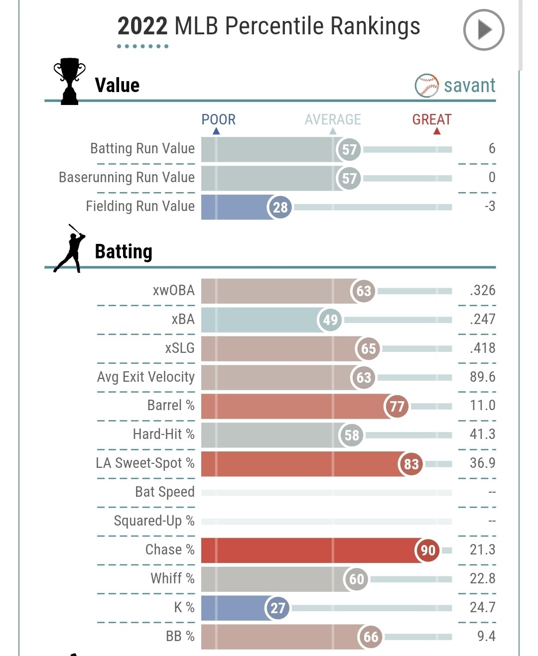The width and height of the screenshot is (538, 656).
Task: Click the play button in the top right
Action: tap(483, 30)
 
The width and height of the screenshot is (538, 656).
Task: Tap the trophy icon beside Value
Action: tap(69, 81)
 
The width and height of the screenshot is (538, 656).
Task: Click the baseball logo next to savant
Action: tap(426, 86)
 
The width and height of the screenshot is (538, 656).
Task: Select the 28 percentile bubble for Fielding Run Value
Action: tap(280, 207)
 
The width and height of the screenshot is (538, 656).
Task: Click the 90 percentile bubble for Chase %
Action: tap(427, 550)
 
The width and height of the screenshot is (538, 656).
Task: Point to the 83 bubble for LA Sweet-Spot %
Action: tap(411, 464)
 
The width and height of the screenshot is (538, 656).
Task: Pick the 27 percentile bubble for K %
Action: tap(277, 608)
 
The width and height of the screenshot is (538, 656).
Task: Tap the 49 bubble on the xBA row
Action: tap(330, 320)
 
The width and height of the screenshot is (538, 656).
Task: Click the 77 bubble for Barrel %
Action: tap(397, 406)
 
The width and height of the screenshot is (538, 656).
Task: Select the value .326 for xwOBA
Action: tap(482, 290)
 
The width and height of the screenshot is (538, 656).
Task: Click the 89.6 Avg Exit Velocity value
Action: tap(482, 377)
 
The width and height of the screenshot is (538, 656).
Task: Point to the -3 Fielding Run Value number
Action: tap(490, 206)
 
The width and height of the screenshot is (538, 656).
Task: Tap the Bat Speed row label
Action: tap(164, 492)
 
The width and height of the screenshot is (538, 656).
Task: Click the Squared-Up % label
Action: tap(154, 521)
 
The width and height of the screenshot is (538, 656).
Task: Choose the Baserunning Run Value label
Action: tap(127, 177)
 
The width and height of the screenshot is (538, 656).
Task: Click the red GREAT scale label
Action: tap(431, 119)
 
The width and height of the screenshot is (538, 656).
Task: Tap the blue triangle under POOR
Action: tap(216, 131)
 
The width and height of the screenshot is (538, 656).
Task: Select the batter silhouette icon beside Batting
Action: tap(70, 248)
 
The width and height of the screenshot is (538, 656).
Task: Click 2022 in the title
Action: tap(142, 26)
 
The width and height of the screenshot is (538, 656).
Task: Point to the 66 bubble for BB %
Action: tap(371, 637)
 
